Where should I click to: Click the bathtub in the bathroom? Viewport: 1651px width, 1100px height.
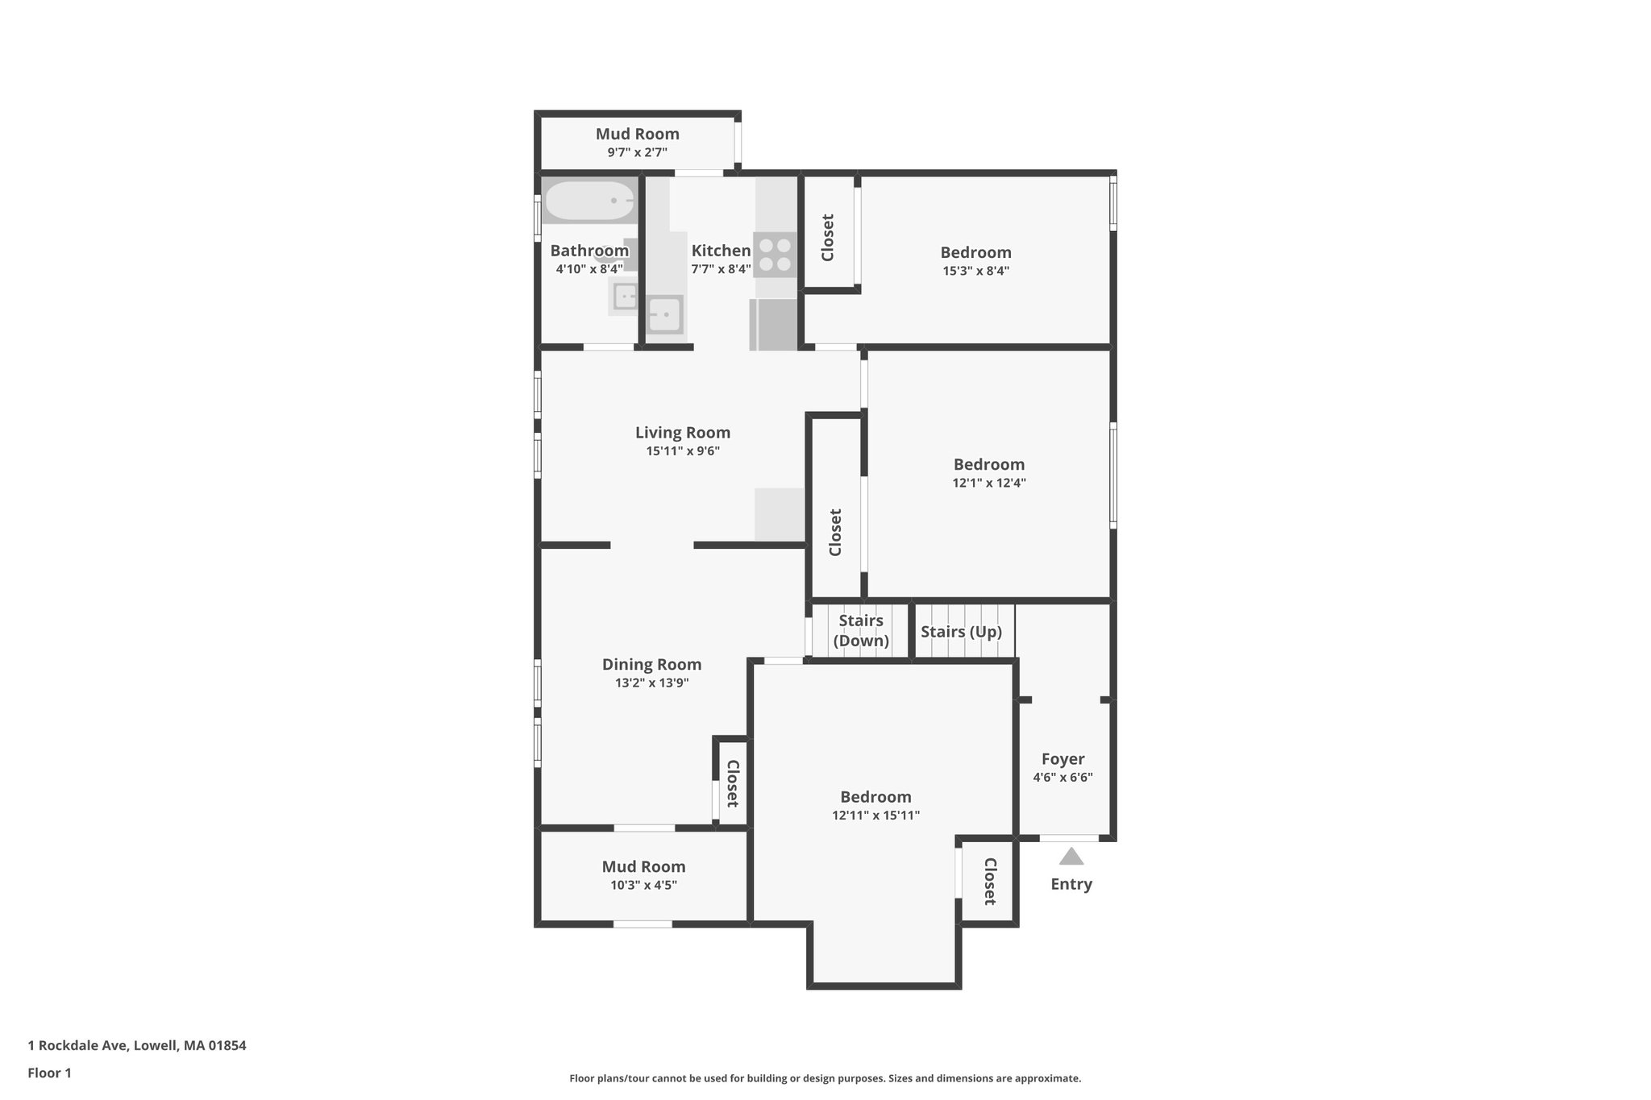589,201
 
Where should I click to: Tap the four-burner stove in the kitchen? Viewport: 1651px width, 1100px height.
775,255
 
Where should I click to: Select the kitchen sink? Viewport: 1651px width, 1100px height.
666,314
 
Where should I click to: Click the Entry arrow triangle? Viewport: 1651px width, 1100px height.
1071,856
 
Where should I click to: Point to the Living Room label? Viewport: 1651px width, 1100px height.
683,433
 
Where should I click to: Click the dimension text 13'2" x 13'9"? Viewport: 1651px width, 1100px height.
651,683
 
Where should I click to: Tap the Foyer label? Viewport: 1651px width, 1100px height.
1063,759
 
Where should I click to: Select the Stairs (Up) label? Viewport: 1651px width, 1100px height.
961,632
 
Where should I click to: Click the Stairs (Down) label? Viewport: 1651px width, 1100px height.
861,630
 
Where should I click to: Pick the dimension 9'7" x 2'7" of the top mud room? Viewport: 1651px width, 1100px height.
637,152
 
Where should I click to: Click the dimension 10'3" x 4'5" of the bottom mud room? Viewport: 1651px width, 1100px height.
643,885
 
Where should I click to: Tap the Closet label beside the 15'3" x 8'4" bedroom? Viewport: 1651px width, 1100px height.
828,238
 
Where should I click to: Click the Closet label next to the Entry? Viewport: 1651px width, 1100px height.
990,882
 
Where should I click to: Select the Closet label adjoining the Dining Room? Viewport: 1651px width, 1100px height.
732,784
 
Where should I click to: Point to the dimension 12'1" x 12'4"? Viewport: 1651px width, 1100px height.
988,484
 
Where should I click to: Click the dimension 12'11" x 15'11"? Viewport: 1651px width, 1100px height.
875,816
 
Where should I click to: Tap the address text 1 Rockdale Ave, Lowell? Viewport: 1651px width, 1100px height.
137,1045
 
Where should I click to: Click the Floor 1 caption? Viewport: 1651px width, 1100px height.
50,1073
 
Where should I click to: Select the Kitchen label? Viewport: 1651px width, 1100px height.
721,251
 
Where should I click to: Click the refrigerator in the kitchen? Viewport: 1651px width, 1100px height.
774,324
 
